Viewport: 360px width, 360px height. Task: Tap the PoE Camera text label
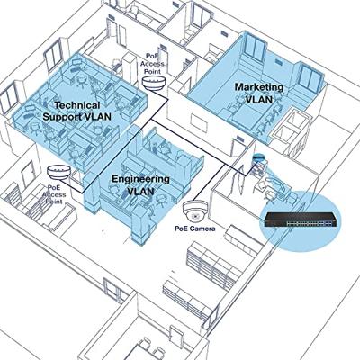195,229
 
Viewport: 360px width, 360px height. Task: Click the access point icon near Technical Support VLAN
154,83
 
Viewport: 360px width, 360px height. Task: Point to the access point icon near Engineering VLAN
59,173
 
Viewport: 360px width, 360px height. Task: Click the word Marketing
259,87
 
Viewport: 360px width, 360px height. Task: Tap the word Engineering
140,179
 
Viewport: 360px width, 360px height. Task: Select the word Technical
77,105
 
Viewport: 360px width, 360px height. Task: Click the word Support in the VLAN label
61,116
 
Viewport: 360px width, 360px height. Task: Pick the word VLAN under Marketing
259,99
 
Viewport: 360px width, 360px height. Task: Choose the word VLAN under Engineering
140,191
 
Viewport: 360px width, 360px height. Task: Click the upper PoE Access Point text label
153,64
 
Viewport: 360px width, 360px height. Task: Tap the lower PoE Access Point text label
54,194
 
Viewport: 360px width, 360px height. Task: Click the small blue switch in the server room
258,157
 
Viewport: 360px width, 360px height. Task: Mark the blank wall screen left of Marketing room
198,121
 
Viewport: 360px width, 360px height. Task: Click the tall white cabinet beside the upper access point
130,70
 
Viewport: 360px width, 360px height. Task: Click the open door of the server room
241,176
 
